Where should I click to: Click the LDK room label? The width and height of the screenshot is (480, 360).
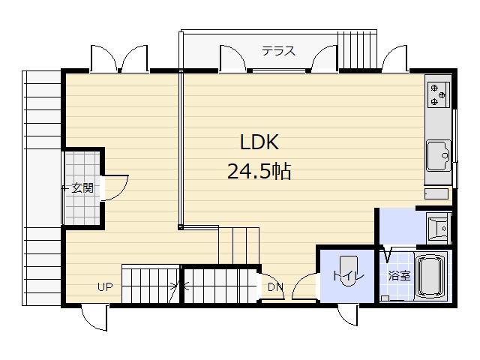259,142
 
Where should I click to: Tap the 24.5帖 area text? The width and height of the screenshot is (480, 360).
259,172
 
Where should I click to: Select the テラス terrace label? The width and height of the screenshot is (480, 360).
278,52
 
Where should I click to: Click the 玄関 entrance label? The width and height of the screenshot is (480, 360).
82,188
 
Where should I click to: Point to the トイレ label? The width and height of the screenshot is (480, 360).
347,276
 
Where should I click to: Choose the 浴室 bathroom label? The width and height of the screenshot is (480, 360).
398,275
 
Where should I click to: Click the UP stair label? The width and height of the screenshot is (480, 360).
105,286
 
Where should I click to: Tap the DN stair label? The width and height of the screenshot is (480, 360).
275,286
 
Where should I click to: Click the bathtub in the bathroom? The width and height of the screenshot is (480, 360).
430,277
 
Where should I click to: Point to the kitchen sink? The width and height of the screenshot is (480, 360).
438,157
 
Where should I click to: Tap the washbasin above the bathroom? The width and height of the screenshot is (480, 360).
436,226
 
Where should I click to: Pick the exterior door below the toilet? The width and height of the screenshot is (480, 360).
346,315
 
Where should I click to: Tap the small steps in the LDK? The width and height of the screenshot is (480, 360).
238,244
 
